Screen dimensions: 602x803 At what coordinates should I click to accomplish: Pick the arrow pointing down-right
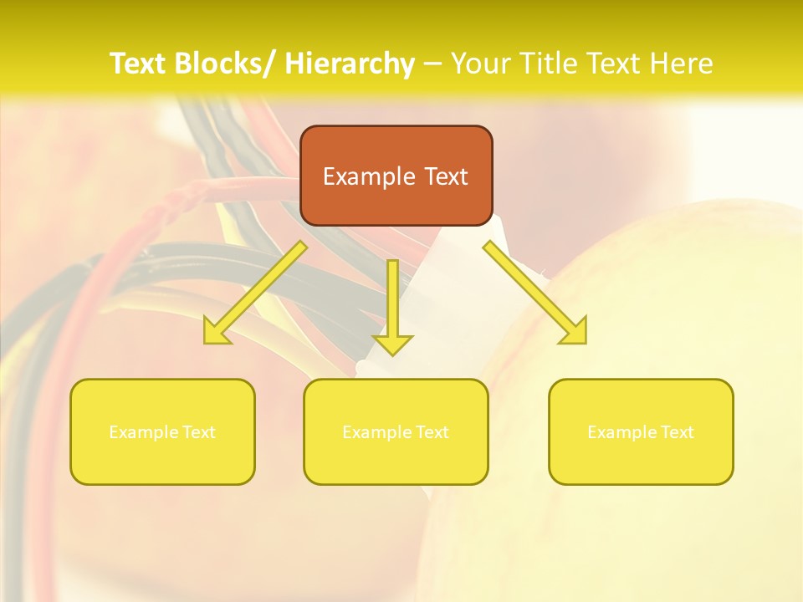pos(535,293)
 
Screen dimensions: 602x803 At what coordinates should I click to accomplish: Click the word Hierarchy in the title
pos(350,64)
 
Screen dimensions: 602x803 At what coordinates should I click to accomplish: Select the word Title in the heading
pos(545,64)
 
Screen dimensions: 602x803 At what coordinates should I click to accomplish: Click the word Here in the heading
pos(683,64)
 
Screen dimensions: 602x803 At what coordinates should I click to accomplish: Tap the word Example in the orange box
pos(368,176)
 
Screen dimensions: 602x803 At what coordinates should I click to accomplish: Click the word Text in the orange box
pos(447,176)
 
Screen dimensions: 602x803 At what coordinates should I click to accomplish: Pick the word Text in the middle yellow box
pos(431,432)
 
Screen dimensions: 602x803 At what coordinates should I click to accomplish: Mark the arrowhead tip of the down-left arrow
pos(206,342)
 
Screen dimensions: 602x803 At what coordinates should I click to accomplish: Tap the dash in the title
pos(432,64)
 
